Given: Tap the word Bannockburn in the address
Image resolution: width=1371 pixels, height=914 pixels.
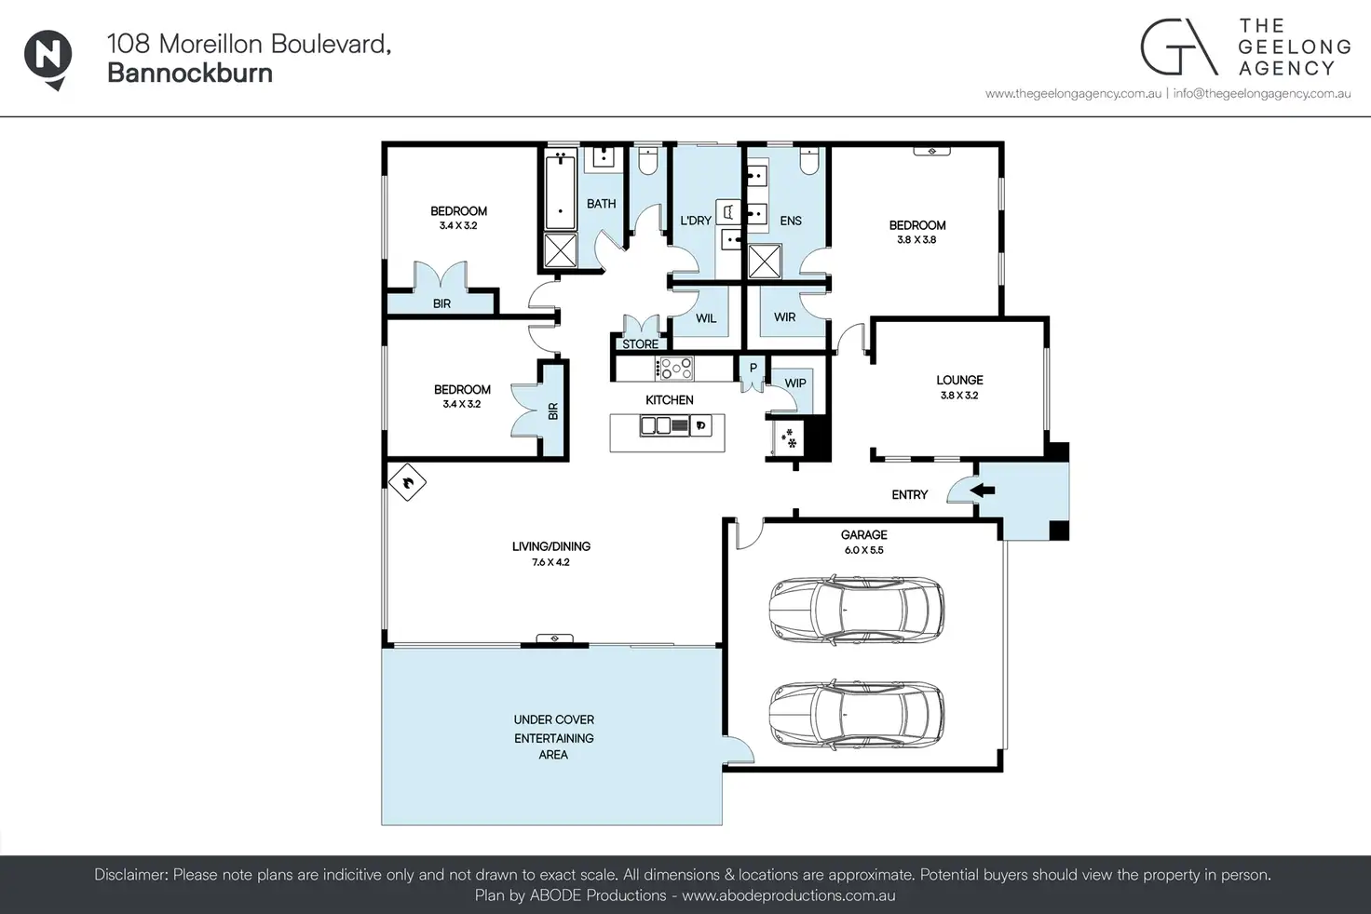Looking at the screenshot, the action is (x=190, y=73).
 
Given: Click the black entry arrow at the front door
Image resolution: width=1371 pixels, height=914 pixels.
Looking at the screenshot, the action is (x=983, y=490).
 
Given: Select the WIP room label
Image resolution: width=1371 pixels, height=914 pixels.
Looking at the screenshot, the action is (x=795, y=383).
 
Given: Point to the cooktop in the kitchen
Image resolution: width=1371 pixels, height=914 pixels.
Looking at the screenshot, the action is (x=674, y=369).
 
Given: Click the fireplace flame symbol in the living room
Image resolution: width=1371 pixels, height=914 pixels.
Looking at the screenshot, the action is (x=407, y=483).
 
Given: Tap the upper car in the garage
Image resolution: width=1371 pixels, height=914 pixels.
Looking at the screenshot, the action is (x=856, y=609).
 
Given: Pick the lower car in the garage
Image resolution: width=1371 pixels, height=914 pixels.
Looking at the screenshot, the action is (x=856, y=714).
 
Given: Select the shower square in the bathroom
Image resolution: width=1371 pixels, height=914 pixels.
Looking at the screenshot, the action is (x=561, y=249).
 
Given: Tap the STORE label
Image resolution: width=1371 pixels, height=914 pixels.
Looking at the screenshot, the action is (x=640, y=344).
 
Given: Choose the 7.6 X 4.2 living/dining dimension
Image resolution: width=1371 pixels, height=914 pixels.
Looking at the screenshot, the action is (x=550, y=562).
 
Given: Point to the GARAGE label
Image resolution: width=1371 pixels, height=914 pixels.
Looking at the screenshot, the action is (x=863, y=534).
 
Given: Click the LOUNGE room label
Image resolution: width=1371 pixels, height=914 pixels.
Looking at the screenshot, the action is (x=959, y=380).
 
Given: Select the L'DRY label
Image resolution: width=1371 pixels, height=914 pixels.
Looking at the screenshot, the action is (x=696, y=221).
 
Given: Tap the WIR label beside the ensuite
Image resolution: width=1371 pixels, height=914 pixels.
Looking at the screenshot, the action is (x=784, y=316).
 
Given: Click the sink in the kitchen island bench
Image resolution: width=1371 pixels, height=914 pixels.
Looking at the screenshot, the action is (x=656, y=425).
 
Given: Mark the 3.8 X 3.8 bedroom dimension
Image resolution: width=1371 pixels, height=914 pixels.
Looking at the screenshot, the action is (x=916, y=240).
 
